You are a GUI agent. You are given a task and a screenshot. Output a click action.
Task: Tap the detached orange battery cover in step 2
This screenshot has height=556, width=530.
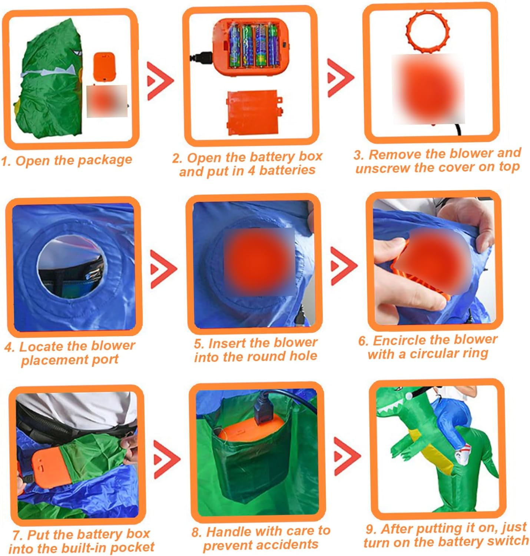pos(254,113)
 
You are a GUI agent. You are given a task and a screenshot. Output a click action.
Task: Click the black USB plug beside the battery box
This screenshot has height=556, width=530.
pos(201,57)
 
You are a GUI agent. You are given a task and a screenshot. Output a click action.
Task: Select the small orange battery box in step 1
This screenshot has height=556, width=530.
pos(105,67)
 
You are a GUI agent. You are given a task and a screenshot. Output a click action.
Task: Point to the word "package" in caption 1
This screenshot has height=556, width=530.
pos(105,160)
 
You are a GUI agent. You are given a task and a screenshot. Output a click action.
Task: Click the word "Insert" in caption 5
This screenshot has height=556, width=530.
pos(220,343)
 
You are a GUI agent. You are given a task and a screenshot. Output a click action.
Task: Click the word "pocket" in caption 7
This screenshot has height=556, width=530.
pos(132,548)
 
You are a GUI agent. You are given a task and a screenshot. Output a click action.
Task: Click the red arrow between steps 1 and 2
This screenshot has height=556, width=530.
pos(160,81)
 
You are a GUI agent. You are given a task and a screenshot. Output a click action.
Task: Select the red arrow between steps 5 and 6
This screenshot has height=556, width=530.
pos(343,266)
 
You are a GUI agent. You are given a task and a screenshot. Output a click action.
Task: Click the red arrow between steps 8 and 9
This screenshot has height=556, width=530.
pos(347,456)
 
